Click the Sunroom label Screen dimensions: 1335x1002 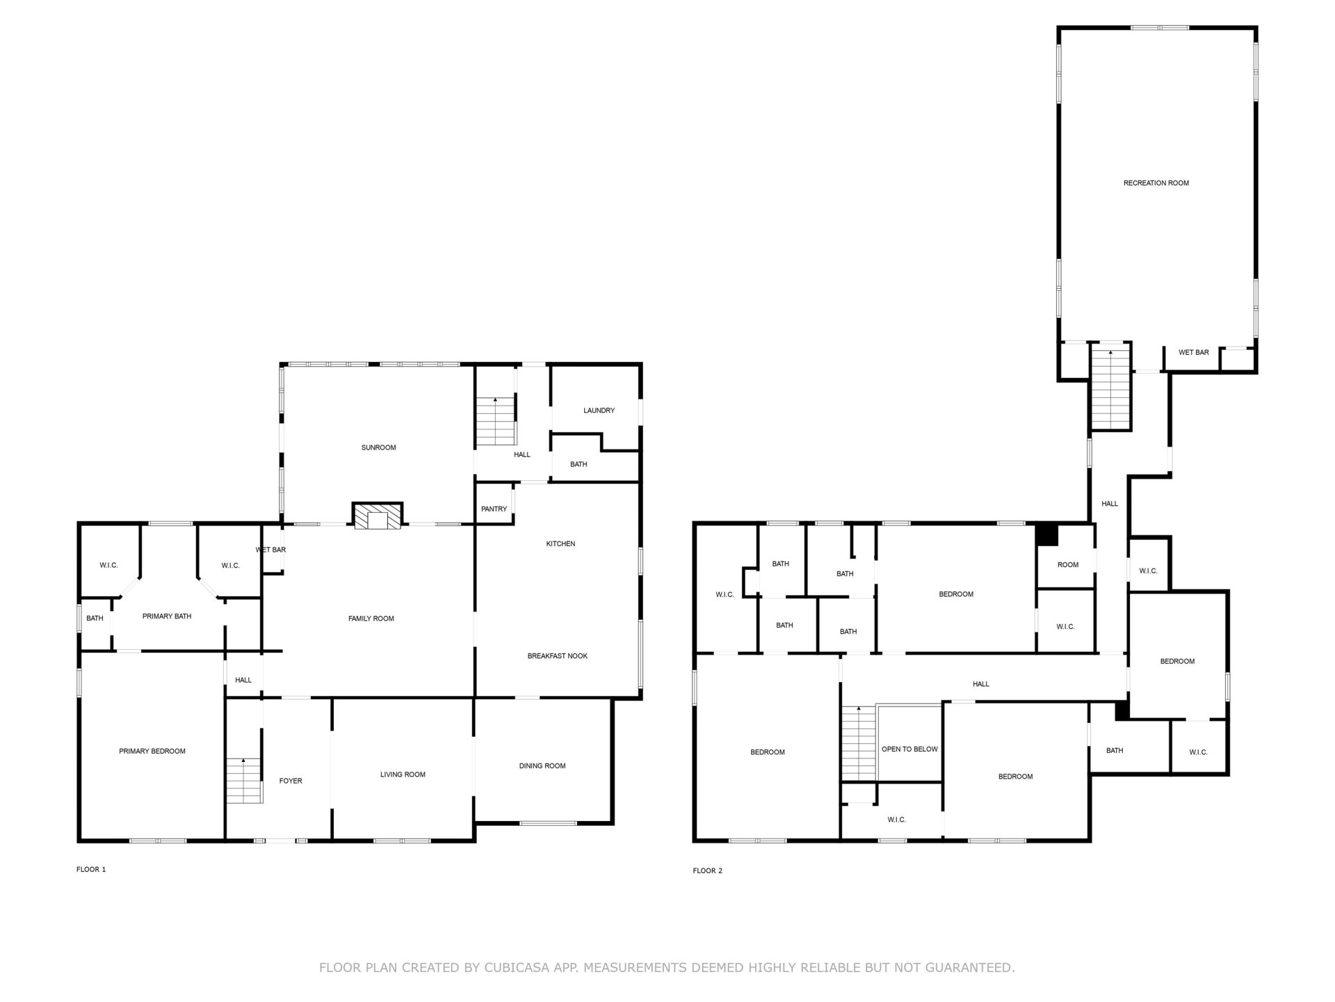pos(378,447)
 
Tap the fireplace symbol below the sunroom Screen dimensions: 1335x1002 pos(378,516)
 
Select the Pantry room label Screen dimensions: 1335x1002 pos(494,509)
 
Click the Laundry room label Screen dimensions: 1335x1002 pos(599,411)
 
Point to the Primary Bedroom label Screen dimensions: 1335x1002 pos(152,751)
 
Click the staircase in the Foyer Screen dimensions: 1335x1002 pos(243,781)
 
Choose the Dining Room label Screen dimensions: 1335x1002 pos(542,766)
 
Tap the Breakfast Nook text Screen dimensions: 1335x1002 pos(558,656)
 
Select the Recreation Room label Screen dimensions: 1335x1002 pos(1156,183)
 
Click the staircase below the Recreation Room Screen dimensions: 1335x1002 pos(1110,390)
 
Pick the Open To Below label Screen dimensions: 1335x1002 pos(909,749)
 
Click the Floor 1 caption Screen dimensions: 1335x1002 pos(91,869)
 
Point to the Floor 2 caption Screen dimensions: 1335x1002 pos(708,870)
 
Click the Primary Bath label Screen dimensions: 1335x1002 pos(167,617)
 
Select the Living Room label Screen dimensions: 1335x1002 pos(403,774)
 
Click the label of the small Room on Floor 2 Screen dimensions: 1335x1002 pos(1068,565)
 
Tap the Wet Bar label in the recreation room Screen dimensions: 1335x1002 pos(1193,353)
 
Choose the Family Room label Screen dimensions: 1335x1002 pos(371,619)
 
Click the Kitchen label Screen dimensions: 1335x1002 pos(560,543)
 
